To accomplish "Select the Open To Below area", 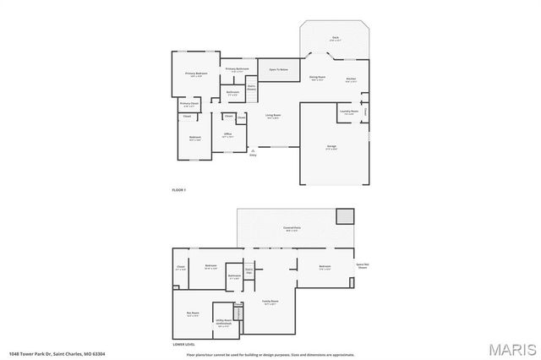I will (x=279, y=69).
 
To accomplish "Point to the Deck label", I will (x=335, y=38).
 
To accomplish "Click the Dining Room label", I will (x=318, y=78).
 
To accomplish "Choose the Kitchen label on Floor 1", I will (x=351, y=80).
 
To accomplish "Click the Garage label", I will (x=332, y=146).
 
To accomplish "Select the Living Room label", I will (x=273, y=116).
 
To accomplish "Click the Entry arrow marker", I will (x=252, y=151).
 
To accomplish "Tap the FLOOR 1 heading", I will (x=178, y=190).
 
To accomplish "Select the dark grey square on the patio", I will (x=344, y=216).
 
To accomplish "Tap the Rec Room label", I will (x=192, y=314).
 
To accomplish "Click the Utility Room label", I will (x=223, y=321).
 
